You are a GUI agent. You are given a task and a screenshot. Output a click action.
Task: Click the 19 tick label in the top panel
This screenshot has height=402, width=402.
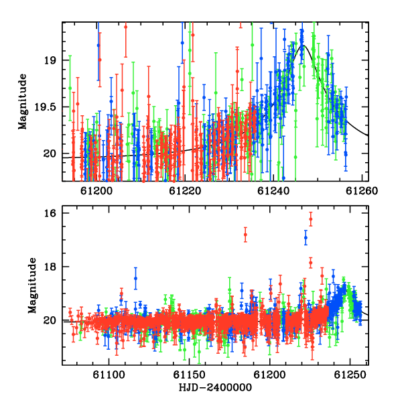point(50,60)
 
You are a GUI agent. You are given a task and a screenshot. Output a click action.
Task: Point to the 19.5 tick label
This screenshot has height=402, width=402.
point(45,107)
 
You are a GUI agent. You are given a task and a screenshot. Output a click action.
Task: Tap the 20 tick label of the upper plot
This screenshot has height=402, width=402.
point(50,154)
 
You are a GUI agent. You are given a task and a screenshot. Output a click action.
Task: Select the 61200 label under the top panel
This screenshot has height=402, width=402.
point(96,191)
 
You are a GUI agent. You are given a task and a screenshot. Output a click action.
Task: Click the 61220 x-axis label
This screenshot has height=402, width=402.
point(185,191)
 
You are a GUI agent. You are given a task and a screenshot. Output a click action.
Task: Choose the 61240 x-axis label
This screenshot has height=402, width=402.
point(273,191)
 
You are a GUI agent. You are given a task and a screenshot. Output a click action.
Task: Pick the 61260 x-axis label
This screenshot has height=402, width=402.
point(362,191)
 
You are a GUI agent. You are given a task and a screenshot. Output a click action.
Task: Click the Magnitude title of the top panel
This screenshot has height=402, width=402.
point(23,102)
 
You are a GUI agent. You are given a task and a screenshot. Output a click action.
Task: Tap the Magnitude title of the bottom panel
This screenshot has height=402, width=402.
point(32,285)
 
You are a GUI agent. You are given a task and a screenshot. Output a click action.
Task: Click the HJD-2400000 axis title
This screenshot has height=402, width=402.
point(215,387)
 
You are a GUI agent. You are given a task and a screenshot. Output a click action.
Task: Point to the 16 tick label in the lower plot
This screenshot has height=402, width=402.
point(50,213)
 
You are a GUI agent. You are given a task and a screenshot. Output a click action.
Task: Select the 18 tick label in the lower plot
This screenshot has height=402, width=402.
point(50,267)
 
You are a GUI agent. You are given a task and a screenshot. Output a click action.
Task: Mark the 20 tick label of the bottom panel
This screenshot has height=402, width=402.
point(50,320)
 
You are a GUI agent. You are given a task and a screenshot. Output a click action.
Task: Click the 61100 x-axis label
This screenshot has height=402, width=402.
point(109,375)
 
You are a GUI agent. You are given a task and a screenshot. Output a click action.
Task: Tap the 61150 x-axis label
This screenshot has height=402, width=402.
point(189,375)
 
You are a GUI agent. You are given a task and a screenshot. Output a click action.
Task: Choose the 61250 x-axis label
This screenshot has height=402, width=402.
point(350,375)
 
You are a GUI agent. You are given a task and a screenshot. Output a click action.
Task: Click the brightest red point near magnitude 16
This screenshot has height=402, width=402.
point(311,219)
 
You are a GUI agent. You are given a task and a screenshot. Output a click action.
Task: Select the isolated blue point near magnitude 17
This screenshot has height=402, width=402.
point(306,238)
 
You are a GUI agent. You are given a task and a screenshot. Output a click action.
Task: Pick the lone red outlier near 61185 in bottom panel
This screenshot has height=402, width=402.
point(245,234)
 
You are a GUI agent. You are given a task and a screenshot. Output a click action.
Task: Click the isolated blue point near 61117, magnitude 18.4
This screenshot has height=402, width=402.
point(135,279)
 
